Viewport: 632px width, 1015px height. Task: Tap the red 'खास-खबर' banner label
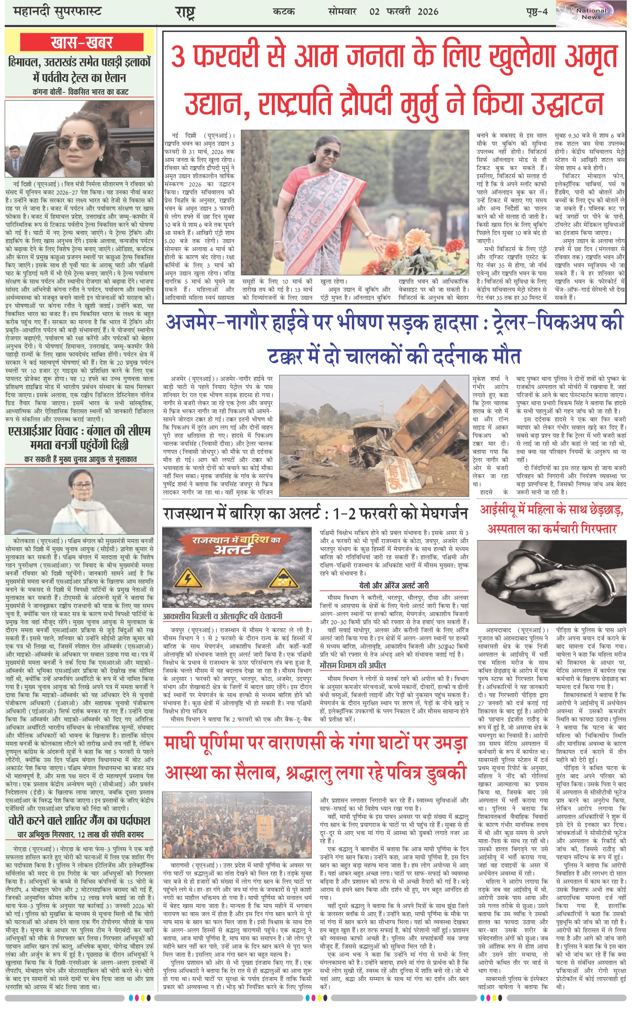82,43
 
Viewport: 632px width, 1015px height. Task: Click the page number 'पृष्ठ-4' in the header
536,11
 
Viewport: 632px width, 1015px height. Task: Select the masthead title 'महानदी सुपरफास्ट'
57,11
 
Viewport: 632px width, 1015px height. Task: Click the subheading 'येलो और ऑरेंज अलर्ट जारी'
394,585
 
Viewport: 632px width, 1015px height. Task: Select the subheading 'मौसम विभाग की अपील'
352,665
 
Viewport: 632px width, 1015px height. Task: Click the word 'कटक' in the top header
283,11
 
